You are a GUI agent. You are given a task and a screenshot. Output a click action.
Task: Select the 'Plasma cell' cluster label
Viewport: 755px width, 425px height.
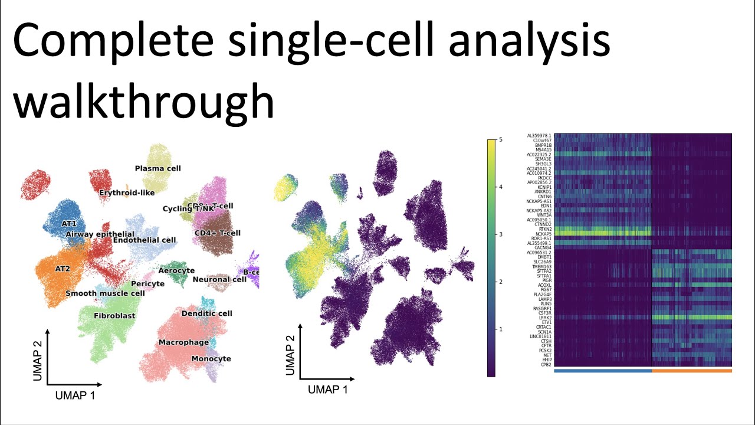click(157, 168)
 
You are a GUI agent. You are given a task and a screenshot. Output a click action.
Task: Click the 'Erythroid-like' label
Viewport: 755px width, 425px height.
click(128, 192)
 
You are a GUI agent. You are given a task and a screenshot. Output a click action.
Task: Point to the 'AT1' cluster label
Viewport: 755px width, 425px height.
click(69, 224)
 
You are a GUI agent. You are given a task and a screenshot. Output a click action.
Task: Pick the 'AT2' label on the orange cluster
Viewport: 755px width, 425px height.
click(63, 268)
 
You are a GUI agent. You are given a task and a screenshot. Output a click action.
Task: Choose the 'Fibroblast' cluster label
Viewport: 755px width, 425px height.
click(114, 316)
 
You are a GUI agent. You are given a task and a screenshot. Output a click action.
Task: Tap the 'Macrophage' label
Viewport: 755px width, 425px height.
click(183, 342)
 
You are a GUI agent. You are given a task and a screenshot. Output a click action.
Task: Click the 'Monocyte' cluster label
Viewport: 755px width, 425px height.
click(211, 358)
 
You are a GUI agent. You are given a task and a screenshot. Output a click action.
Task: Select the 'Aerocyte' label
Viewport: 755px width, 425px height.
click(176, 270)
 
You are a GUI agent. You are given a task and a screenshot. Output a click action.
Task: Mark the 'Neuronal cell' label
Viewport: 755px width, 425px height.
click(219, 279)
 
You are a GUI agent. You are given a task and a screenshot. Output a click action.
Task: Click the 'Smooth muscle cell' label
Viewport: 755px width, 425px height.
click(105, 293)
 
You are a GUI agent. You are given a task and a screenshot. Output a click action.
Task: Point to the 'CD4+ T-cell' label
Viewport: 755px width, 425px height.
click(218, 233)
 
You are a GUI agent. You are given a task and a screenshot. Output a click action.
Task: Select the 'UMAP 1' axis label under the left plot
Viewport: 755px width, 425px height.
click(75, 395)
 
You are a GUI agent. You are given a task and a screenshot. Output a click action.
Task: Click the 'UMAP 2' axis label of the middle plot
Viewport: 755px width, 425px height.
click(290, 355)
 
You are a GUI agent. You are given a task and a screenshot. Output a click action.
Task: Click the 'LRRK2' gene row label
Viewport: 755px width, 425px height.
click(544, 318)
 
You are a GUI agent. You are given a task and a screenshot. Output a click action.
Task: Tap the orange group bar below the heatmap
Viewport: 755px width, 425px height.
click(691, 371)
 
